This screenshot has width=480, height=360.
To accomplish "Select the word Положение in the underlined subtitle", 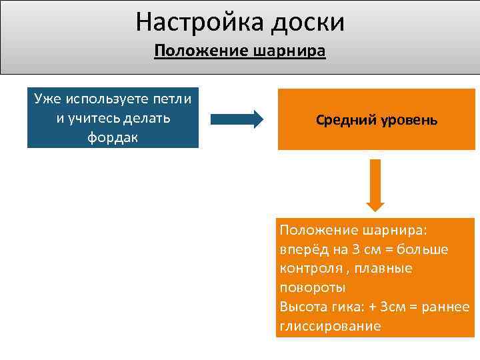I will tap(197, 52).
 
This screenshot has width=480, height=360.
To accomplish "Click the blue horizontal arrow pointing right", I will tap(237, 119).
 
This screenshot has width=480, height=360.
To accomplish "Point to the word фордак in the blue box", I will tap(113, 137).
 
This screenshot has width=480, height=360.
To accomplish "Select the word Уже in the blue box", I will tap(46, 99).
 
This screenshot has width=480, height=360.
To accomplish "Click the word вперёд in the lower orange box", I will tap(301, 249).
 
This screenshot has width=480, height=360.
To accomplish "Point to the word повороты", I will tap(312, 288).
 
